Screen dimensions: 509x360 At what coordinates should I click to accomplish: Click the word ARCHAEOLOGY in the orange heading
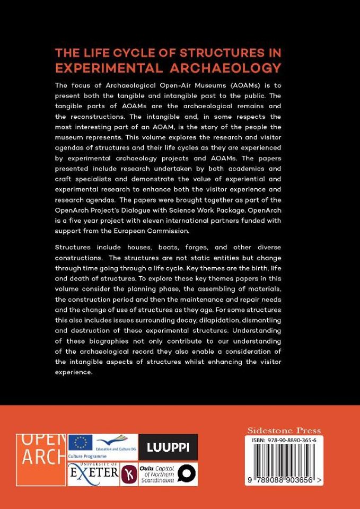pos(235,68)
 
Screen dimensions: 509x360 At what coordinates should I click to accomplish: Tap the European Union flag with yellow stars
pos(80,442)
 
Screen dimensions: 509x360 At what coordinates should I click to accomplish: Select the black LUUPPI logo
pos(168,447)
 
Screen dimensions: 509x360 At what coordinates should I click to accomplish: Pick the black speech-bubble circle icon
pos(187,473)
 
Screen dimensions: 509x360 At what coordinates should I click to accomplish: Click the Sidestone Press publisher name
pos(284,431)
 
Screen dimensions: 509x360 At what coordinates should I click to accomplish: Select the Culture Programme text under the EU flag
pos(88,456)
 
